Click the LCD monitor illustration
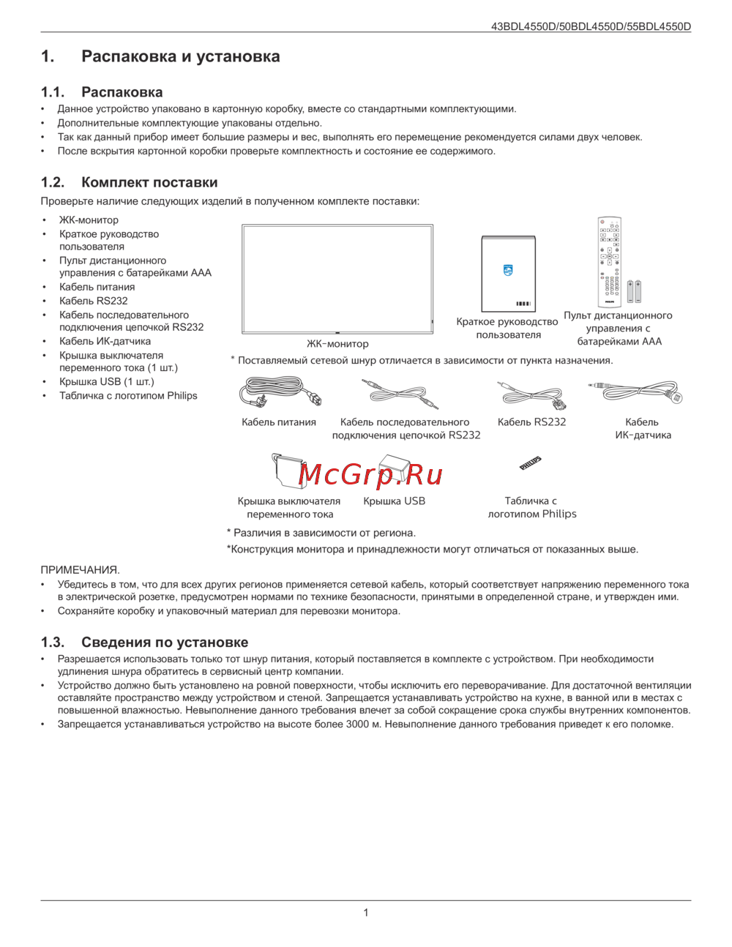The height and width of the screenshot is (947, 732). pyautogui.click(x=337, y=279)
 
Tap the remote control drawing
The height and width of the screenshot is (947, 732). pyautogui.click(x=608, y=261)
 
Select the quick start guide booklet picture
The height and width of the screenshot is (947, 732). pyautogui.click(x=508, y=274)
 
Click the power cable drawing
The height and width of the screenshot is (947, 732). pyautogui.click(x=280, y=393)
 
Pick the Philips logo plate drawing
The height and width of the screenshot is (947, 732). pyautogui.click(x=531, y=463)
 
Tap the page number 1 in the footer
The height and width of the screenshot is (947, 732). pyautogui.click(x=366, y=913)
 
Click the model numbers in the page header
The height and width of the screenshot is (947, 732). pyautogui.click(x=591, y=26)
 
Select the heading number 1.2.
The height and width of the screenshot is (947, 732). pyautogui.click(x=53, y=182)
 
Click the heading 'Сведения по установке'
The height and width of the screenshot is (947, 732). pyautogui.click(x=165, y=642)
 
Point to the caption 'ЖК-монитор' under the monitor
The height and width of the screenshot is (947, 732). pyautogui.click(x=337, y=343)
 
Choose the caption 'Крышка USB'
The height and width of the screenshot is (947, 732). pyautogui.click(x=394, y=501)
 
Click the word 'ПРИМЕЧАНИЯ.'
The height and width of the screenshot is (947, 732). pyautogui.click(x=80, y=569)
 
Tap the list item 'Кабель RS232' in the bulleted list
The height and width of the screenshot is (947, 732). pyautogui.click(x=94, y=301)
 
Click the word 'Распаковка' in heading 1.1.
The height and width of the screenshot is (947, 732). pyautogui.click(x=122, y=92)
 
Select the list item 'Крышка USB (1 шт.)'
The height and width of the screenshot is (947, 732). pyautogui.click(x=107, y=381)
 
